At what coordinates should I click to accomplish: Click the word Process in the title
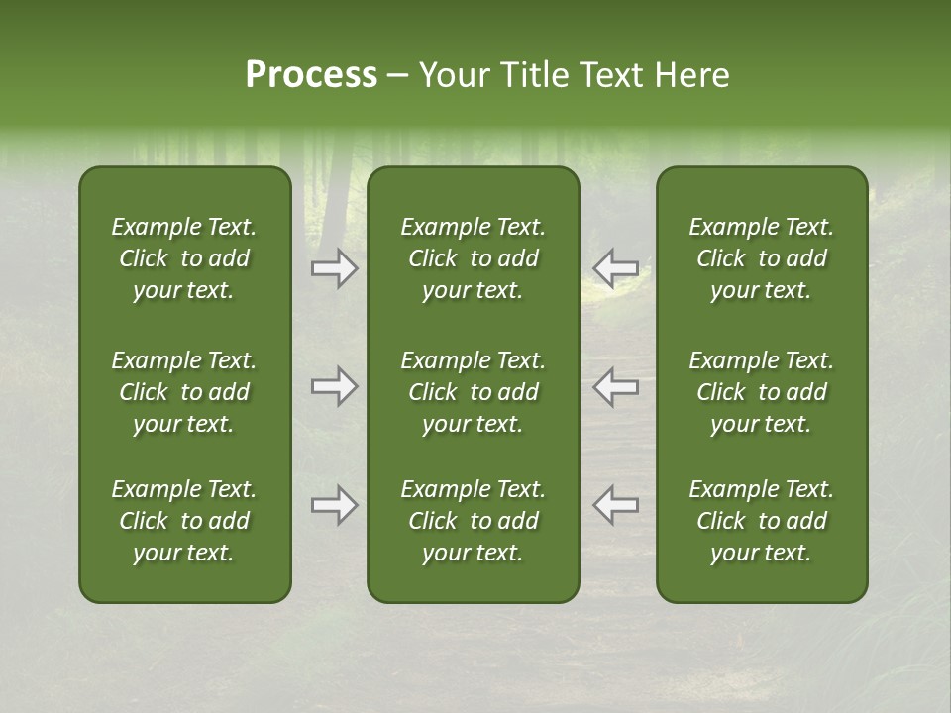[311, 75]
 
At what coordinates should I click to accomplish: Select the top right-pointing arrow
[335, 268]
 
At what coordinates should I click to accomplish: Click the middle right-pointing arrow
[335, 387]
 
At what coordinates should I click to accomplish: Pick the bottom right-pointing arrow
[335, 505]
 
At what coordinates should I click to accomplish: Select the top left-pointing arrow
[615, 268]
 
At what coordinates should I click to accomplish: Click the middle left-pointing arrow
[615, 387]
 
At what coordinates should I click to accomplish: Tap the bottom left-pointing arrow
[615, 505]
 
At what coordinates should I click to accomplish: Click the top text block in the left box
[184, 258]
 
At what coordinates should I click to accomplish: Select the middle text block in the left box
[184, 392]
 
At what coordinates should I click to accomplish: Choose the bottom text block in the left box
[184, 521]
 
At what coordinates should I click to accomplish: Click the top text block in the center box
[474, 258]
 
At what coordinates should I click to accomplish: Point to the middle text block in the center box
[474, 392]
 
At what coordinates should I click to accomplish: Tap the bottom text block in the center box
[474, 521]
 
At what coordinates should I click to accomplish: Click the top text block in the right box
[762, 258]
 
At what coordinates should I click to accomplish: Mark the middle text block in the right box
[762, 392]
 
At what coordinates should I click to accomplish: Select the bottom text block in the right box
[762, 521]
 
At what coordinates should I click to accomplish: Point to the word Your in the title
[455, 75]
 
